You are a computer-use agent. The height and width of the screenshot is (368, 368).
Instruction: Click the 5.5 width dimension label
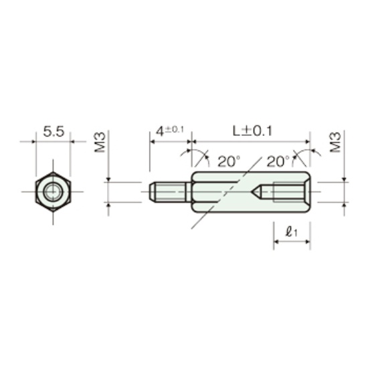[x=54, y=132]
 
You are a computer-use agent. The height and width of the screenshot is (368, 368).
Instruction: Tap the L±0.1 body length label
[x=252, y=131]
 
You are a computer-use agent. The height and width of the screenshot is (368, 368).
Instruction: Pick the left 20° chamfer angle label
[x=229, y=161]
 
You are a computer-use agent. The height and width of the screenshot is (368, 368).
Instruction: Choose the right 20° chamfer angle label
[x=278, y=161]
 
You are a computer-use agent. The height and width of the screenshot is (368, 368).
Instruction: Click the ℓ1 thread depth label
[x=291, y=232]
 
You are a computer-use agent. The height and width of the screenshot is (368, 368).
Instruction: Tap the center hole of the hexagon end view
[x=53, y=192]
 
